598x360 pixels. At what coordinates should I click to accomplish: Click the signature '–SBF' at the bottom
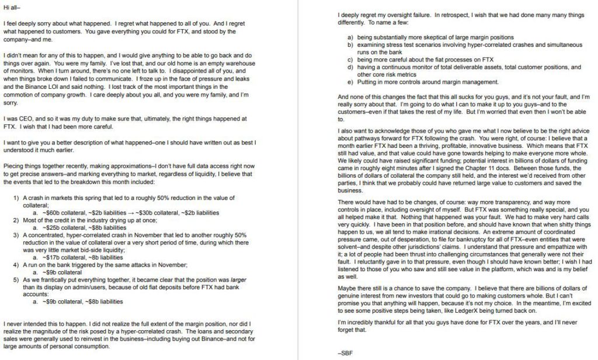(346, 353)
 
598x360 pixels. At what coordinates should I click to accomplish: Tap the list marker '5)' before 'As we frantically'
(18, 281)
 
